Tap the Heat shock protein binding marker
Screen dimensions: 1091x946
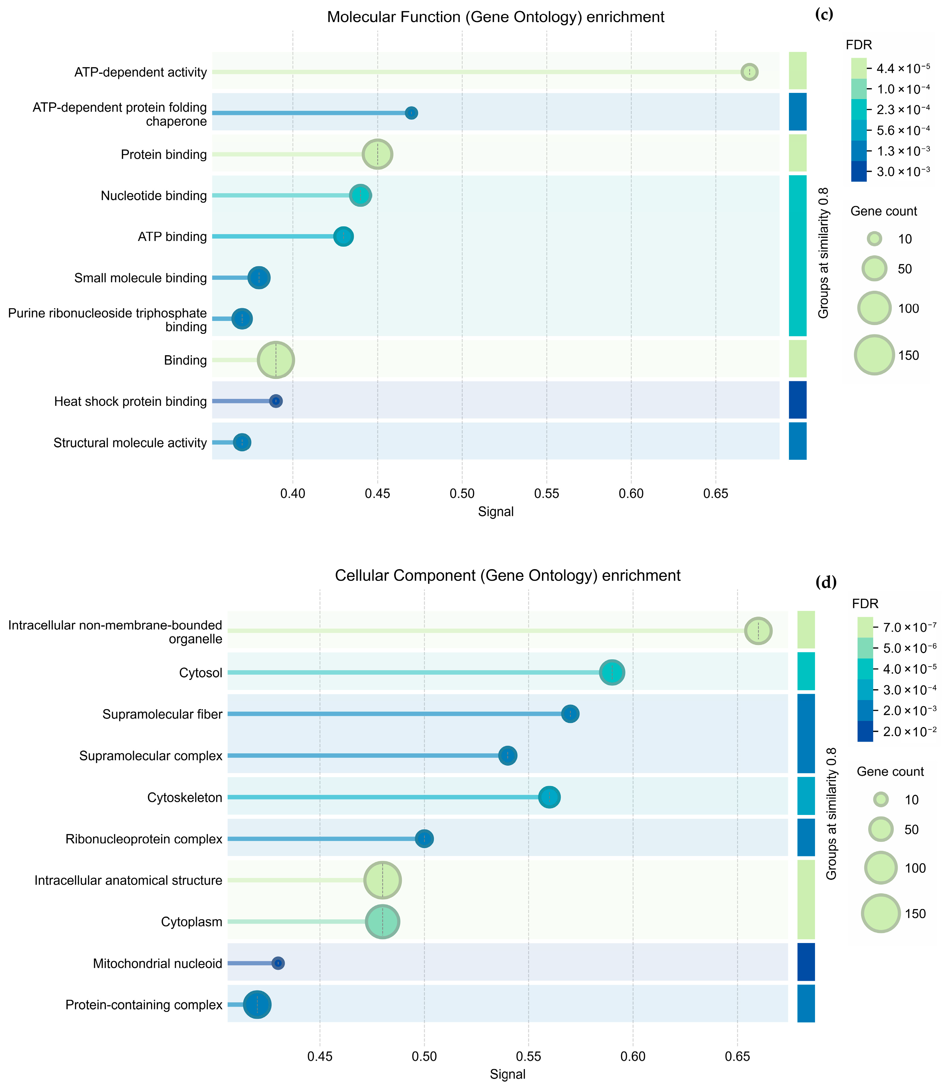(275, 401)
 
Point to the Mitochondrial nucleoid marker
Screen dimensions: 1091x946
(278, 963)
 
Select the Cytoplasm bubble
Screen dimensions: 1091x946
(383, 922)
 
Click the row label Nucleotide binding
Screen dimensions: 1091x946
(154, 196)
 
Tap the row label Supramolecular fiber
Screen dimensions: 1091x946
(162, 714)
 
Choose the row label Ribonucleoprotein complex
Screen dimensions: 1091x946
(144, 839)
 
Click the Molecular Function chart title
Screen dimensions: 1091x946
(495, 17)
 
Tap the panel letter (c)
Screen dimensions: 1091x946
(824, 14)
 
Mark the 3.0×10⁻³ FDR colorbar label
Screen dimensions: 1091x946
(903, 171)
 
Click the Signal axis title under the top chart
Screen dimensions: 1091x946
(495, 511)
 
